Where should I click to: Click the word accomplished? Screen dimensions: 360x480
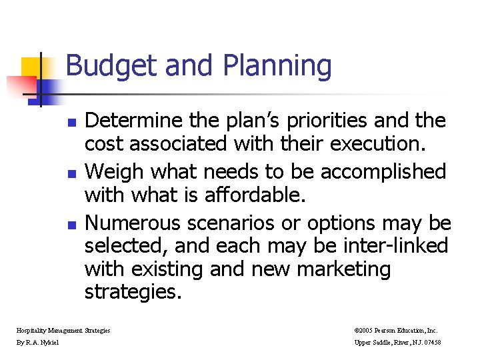point(383,172)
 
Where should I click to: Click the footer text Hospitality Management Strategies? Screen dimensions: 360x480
point(64,330)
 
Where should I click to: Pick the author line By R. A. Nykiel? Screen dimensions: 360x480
point(37,343)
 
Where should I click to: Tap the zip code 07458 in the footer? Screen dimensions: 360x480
point(429,343)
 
